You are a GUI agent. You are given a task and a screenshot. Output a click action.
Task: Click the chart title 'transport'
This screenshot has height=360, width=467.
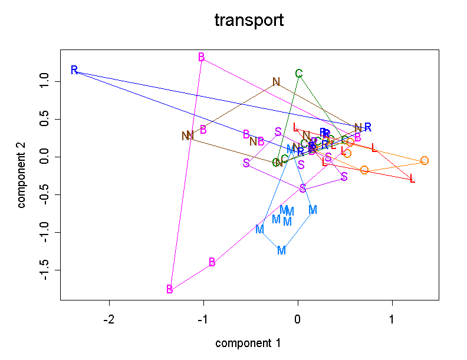[249, 21]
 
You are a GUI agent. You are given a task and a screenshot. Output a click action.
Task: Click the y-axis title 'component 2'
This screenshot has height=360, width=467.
[22, 174]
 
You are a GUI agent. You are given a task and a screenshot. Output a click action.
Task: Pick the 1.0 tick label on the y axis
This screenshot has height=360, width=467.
[43, 81]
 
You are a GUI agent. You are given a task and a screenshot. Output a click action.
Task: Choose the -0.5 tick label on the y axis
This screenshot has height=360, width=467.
[43, 194]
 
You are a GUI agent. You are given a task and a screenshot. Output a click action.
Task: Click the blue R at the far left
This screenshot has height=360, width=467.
[74, 71]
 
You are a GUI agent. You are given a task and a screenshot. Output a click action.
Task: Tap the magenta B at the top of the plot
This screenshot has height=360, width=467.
[202, 57]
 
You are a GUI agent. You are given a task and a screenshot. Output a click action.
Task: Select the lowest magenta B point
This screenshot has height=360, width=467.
[170, 289]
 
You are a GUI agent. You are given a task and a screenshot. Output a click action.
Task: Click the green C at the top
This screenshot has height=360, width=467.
[299, 74]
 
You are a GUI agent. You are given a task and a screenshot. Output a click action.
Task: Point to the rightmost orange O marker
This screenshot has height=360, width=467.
[425, 161]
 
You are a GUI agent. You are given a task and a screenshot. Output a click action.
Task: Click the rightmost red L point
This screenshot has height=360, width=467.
[412, 179]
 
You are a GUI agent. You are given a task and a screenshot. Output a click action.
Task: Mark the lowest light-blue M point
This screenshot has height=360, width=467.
[281, 250]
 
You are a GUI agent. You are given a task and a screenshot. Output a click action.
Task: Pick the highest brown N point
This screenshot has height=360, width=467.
[276, 82]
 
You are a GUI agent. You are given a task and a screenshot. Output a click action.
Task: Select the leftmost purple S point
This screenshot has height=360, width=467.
[246, 163]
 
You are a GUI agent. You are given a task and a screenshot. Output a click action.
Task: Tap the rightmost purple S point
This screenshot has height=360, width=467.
[344, 177]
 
